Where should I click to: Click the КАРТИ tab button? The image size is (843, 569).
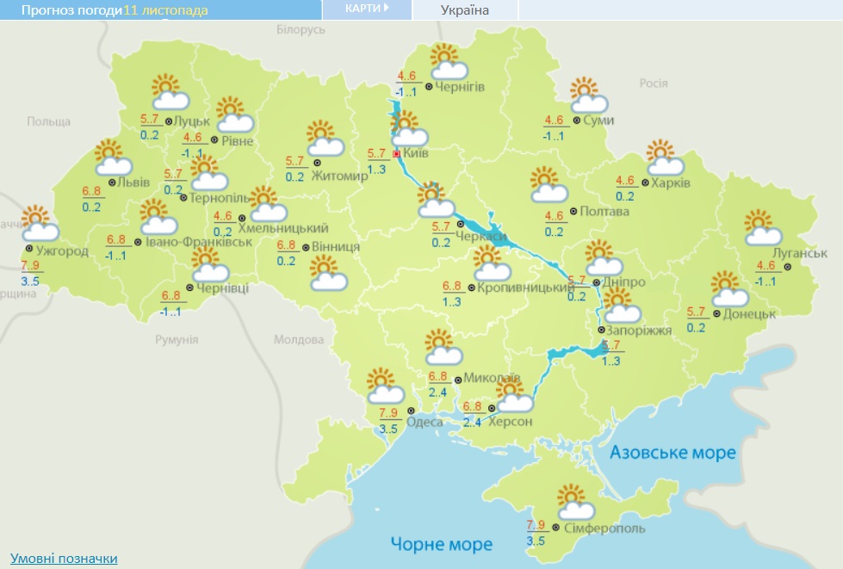pos(366,9)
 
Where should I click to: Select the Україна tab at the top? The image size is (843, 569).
pos(464,10)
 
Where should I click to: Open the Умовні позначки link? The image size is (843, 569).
pos(64,559)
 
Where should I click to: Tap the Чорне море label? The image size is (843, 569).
pos(441,544)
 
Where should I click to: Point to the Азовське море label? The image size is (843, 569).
pos(673,453)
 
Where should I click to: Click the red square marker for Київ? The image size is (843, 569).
pos(396,154)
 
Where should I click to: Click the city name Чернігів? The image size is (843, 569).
pos(460,87)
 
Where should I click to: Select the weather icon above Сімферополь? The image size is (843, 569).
pos(572,501)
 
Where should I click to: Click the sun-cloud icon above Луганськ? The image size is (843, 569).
pos(761,227)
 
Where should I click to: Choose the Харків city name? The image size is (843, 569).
pos(673,182)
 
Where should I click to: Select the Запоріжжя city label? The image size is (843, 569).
pos(635,330)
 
